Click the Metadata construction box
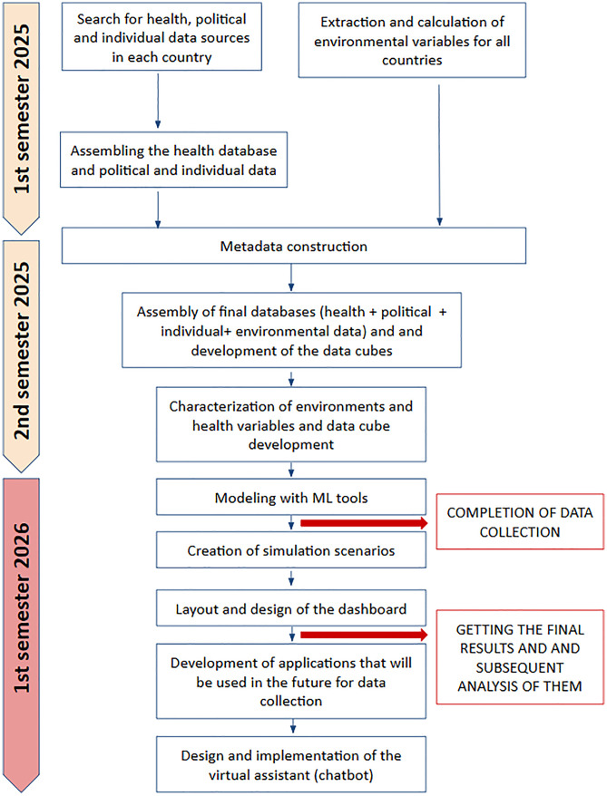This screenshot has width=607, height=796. coord(294,246)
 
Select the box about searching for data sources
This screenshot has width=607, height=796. coord(162,36)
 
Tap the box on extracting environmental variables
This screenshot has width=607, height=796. coord(412,40)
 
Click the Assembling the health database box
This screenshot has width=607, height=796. coord(173,160)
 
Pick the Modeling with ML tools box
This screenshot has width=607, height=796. coord(291,497)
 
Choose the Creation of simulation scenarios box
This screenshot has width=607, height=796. coord(291,549)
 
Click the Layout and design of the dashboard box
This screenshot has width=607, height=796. coord(291,608)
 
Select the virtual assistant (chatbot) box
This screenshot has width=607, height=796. coord(291,764)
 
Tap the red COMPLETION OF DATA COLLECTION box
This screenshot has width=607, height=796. coord(520,522)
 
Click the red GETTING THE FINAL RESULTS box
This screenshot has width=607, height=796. coord(520,657)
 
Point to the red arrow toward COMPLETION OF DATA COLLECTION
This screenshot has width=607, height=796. coord(364,523)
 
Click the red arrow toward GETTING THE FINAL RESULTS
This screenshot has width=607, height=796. coord(364,635)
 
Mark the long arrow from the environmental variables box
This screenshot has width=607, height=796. coord(439,155)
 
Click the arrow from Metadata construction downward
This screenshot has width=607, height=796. coord(291,277)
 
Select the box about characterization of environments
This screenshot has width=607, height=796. coord(291,425)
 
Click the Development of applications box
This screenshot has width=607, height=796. coord(291,681)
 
